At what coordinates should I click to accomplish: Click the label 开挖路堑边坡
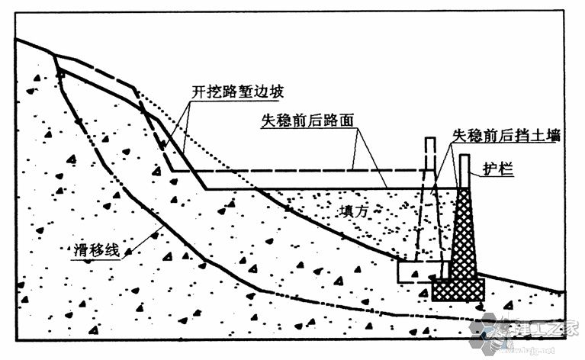[x=237, y=92]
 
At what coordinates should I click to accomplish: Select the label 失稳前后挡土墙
[x=506, y=135]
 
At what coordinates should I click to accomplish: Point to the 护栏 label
[x=496, y=167]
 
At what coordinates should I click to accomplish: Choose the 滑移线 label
[x=96, y=252]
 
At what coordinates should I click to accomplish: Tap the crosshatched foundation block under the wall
[x=458, y=289]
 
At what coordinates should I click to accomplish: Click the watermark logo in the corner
[x=526, y=332]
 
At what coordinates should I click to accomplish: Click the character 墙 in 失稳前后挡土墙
[x=554, y=135]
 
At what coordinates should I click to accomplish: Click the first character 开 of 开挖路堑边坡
[x=197, y=92]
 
